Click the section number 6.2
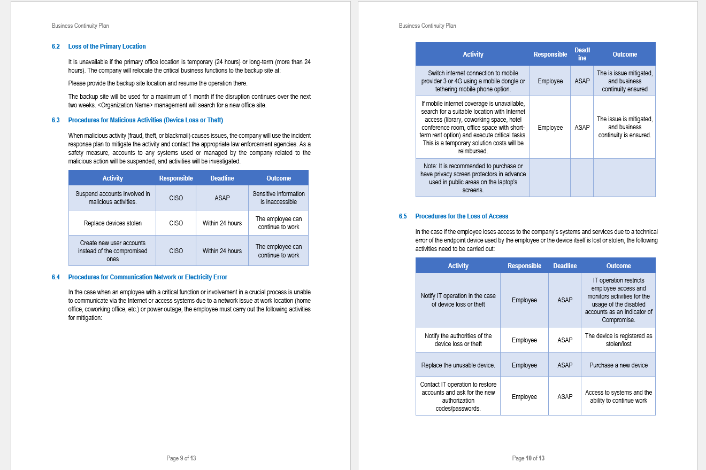tap(56, 46)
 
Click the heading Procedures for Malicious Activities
tap(145, 120)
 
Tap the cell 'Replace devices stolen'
tap(112, 223)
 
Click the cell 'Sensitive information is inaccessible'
tap(278, 198)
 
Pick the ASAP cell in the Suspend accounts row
tap(222, 198)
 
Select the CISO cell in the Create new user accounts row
tap(176, 250)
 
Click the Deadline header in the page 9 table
tap(222, 178)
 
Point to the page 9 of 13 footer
tap(181, 458)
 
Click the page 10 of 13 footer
tap(528, 458)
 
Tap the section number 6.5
tap(403, 216)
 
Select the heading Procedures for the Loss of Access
tap(462, 216)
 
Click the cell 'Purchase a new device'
tap(618, 365)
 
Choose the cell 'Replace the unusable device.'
tap(458, 365)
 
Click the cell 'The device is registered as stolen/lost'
tap(618, 340)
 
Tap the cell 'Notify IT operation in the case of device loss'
tap(458, 300)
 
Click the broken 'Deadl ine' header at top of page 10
tap(582, 54)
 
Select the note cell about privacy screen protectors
tap(473, 178)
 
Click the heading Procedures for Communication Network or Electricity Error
tap(148, 277)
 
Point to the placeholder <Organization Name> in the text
tap(126, 105)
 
